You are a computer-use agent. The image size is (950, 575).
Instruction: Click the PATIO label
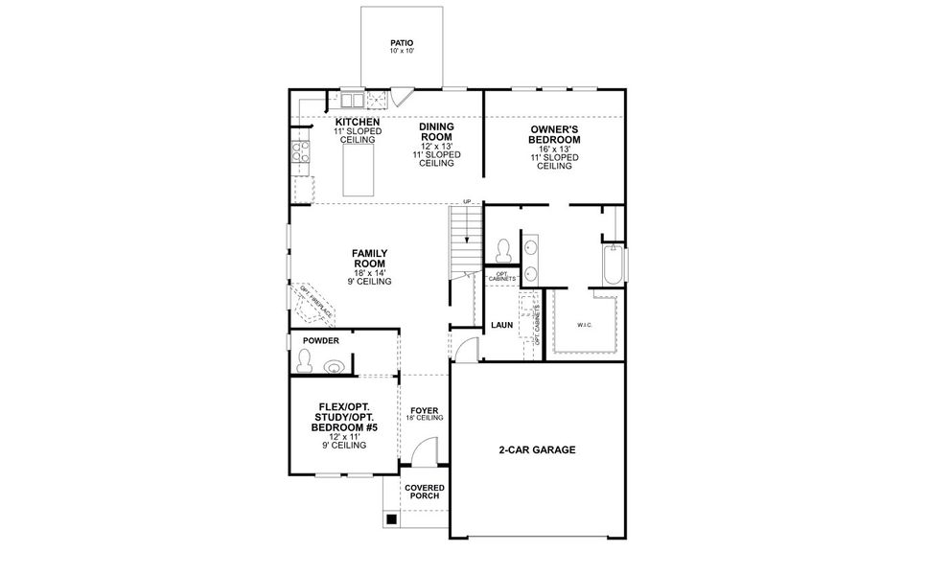coord(402,43)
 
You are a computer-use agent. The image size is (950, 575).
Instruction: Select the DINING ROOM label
coord(436,132)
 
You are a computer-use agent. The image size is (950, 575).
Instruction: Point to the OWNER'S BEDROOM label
coord(554,133)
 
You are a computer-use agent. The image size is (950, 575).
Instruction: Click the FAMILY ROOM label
coord(369,258)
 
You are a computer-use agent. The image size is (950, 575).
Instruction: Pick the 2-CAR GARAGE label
coord(537,449)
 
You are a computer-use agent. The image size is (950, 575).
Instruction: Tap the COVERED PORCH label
coord(424,492)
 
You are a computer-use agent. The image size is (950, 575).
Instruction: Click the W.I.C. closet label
coord(585,325)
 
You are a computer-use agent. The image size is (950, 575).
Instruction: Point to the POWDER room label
coord(321,340)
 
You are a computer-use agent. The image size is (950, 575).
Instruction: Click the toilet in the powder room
coord(305,361)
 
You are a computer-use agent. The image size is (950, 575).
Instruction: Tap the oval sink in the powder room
coord(335,365)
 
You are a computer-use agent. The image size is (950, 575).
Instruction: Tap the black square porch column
coord(391,519)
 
